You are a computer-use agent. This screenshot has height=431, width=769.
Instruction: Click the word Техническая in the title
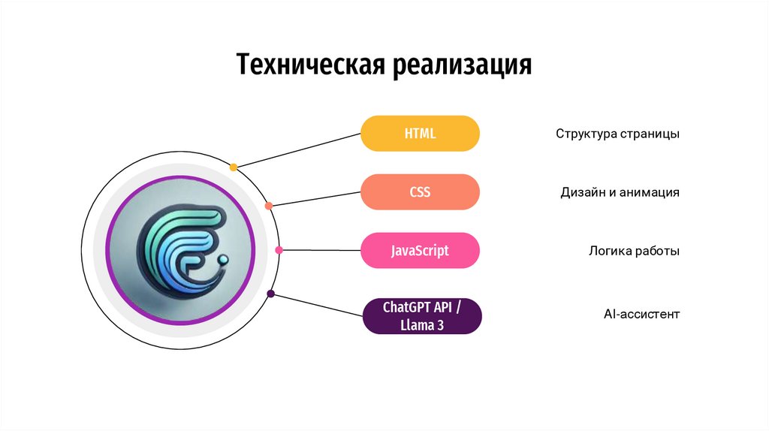click(x=311, y=65)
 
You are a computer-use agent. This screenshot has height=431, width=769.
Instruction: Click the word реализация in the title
click(x=460, y=65)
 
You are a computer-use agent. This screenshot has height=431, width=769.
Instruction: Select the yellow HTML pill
click(x=420, y=134)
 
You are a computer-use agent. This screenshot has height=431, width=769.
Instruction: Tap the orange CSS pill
click(x=420, y=192)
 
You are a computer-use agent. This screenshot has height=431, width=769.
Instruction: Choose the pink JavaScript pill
click(x=420, y=251)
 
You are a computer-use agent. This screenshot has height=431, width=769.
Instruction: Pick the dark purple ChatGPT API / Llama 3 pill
click(x=420, y=316)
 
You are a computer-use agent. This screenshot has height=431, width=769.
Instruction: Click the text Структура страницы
click(x=617, y=134)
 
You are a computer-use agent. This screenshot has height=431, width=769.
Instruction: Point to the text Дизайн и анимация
click(x=620, y=192)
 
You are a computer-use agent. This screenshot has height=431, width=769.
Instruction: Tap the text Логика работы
click(x=634, y=251)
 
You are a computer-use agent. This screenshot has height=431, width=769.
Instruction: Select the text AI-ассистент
click(x=641, y=313)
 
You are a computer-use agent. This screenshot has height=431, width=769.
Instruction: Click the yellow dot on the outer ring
click(x=234, y=167)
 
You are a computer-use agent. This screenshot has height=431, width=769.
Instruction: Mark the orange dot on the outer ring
click(x=269, y=205)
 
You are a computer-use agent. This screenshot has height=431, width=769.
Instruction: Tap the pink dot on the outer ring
click(x=279, y=250)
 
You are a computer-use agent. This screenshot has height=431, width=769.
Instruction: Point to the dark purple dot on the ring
click(x=271, y=294)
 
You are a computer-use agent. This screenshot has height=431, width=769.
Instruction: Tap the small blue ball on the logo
click(x=223, y=260)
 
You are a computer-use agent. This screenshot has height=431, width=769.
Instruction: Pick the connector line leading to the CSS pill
click(x=315, y=198)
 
